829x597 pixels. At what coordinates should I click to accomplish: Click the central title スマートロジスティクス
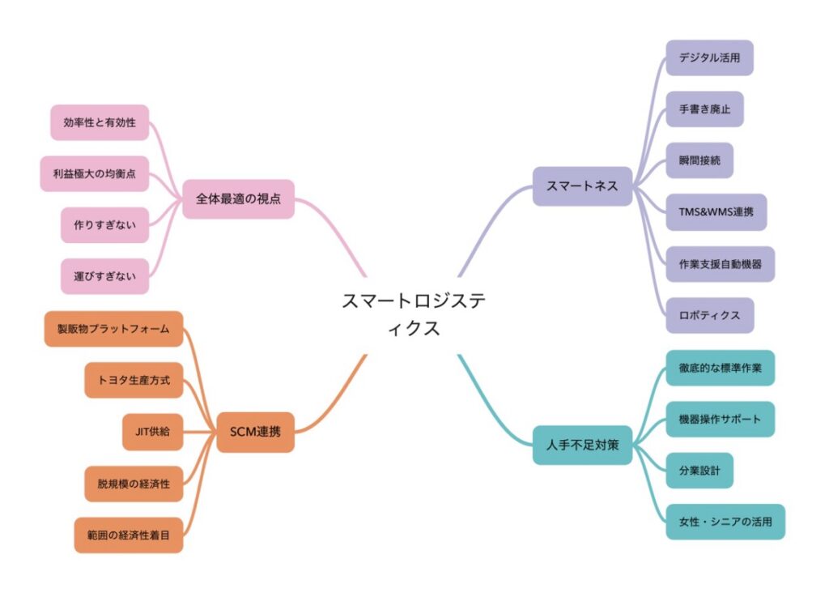(x=414, y=314)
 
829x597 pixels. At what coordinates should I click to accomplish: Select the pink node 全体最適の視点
(x=239, y=198)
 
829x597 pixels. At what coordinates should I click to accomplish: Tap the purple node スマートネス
(x=582, y=186)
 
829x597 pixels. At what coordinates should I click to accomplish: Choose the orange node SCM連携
(x=255, y=432)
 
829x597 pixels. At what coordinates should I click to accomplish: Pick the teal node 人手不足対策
(x=582, y=446)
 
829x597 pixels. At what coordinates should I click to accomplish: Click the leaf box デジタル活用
(x=709, y=58)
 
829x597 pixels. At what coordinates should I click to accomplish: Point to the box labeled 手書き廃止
(x=705, y=109)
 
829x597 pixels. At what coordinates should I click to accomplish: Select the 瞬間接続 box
(x=699, y=160)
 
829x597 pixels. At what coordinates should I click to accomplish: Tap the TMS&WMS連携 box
(x=716, y=212)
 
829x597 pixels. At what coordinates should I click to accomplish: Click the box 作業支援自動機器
(x=720, y=264)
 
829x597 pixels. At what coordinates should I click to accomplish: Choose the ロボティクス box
(x=709, y=315)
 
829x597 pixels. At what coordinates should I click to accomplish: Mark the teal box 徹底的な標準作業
(x=720, y=368)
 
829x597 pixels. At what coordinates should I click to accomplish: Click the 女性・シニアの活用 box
(x=725, y=522)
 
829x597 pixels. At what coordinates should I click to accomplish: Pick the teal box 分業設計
(x=699, y=470)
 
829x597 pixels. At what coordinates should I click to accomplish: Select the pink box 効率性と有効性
(x=100, y=122)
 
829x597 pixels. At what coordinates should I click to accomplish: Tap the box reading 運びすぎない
(x=104, y=276)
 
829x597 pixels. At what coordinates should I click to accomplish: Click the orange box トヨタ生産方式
(x=134, y=380)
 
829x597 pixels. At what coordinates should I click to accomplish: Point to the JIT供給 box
(x=153, y=432)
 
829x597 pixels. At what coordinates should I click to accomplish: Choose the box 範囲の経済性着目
(x=129, y=535)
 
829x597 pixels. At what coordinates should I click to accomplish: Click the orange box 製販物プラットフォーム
(x=113, y=329)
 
